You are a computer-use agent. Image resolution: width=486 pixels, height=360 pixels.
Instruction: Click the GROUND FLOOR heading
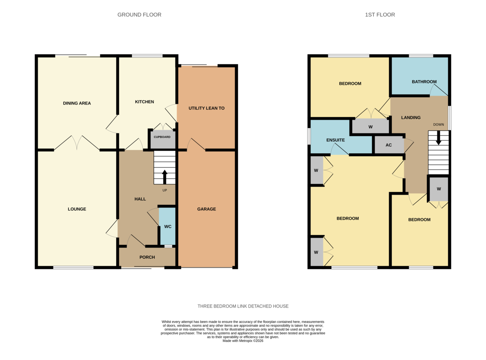tap(139, 15)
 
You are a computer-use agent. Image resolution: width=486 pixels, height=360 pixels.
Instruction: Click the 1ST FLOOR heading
tap(379, 15)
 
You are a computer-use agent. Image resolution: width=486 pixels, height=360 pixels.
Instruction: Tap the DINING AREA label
tap(77, 103)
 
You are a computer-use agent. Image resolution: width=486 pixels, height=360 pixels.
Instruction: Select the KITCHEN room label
tap(144, 102)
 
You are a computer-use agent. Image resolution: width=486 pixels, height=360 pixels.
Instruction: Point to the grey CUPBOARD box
tap(162, 137)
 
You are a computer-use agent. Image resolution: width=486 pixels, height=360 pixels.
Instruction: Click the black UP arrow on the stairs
tap(164, 177)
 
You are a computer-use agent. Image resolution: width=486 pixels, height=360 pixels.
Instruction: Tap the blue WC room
tap(168, 226)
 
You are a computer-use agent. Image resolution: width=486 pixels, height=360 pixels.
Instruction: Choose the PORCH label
tap(147, 257)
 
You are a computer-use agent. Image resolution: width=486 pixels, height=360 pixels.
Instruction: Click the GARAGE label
tap(207, 209)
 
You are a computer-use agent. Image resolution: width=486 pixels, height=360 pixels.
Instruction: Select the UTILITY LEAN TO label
tap(207, 108)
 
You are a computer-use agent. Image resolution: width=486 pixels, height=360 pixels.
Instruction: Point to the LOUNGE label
tap(77, 209)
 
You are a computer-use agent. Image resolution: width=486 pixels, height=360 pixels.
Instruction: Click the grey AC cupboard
tap(389, 145)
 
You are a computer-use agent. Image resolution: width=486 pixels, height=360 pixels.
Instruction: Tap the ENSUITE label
tap(335, 140)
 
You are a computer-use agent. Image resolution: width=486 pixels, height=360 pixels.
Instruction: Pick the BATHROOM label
tap(424, 81)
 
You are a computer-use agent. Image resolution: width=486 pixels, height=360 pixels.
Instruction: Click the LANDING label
tap(411, 118)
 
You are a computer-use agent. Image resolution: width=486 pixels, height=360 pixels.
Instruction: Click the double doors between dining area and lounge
tap(77, 143)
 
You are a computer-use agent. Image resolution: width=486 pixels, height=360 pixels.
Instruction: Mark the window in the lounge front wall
tap(73, 268)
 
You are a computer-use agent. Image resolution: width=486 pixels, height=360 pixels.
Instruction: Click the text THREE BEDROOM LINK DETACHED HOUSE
tap(243, 306)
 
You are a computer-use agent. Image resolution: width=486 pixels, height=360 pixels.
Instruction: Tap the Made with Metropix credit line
tap(243, 341)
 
